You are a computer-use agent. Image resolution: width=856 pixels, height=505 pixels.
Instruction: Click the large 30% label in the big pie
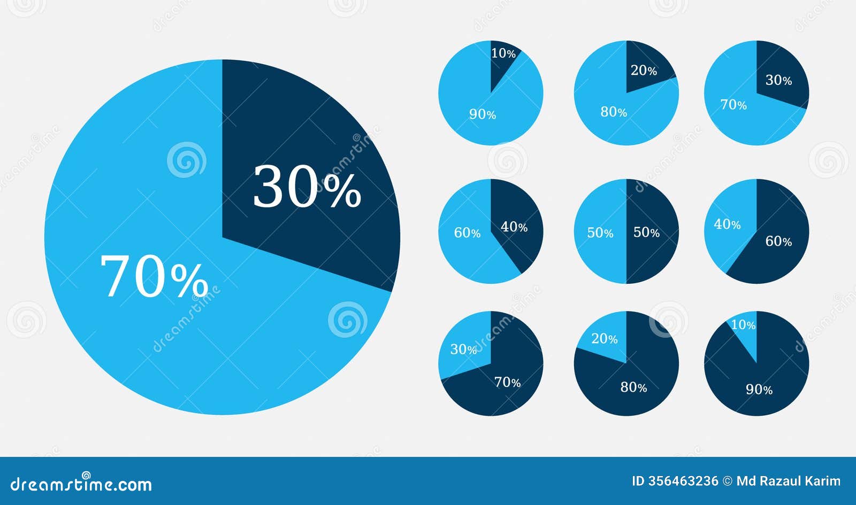click(307, 187)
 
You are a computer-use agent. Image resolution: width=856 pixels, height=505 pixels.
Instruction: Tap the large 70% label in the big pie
click(154, 277)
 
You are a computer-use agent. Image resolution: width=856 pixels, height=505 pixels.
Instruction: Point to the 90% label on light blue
click(483, 114)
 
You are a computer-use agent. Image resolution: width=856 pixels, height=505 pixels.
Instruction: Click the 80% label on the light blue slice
click(614, 112)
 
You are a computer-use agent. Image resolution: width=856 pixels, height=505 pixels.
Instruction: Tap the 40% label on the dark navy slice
click(514, 227)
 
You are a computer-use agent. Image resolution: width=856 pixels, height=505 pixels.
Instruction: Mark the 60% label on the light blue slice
click(467, 233)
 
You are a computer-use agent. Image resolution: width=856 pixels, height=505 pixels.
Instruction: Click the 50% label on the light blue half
click(600, 233)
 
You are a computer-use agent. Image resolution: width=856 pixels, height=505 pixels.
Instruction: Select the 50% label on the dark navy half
click(646, 232)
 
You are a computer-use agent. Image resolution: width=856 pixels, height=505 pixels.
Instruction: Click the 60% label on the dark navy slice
click(778, 242)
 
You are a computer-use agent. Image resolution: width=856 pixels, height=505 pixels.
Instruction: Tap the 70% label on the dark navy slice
click(507, 383)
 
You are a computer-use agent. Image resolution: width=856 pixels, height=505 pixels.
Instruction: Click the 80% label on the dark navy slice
click(633, 387)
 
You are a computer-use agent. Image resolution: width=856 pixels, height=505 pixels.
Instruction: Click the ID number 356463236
click(683, 481)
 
